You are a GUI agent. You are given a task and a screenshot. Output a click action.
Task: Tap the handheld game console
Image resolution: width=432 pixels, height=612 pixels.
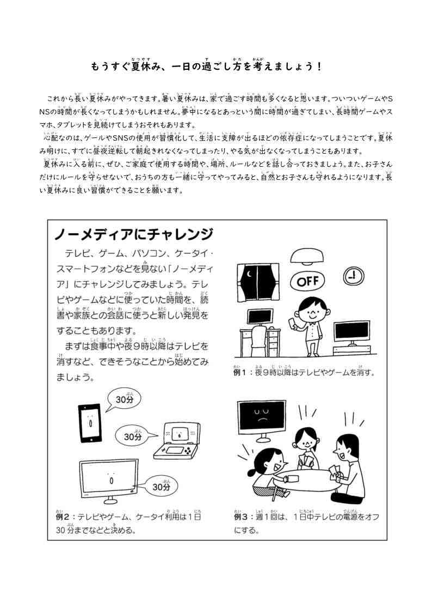(177, 441)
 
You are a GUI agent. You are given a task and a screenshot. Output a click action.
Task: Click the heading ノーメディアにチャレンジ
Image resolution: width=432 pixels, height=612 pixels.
(133, 234)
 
